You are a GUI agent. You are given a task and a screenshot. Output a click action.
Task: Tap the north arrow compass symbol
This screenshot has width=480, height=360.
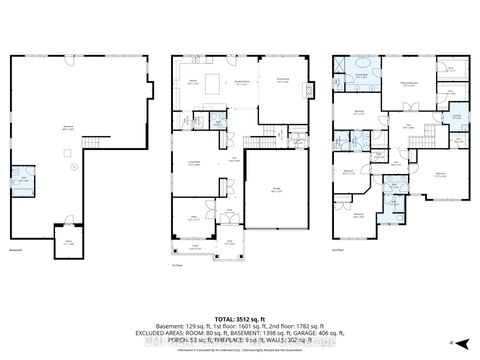pos(452,341)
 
